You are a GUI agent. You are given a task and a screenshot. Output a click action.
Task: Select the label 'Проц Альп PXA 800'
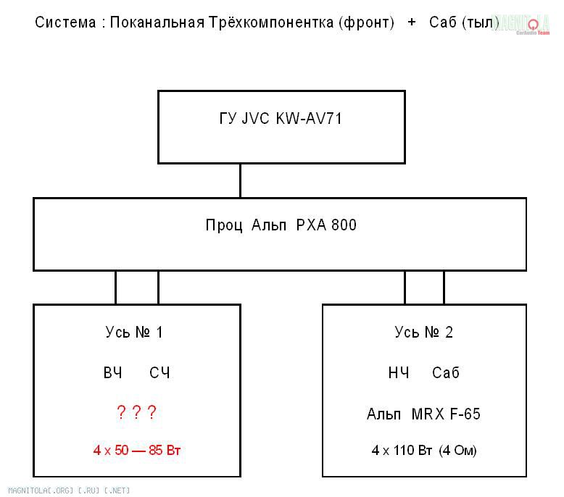[281, 225]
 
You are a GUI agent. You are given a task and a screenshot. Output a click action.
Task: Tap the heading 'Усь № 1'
[134, 333]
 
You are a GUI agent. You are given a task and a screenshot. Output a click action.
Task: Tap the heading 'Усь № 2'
[424, 333]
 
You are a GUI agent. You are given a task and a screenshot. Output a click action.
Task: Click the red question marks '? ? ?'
[136, 413]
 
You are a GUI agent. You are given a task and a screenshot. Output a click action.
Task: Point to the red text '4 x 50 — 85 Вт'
[136, 451]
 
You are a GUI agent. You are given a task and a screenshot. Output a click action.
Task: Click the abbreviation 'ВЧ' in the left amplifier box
[112, 373]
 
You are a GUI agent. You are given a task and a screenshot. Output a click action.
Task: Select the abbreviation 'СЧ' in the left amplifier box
[159, 373]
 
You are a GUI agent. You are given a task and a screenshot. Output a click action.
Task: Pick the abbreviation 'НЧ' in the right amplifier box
[399, 373]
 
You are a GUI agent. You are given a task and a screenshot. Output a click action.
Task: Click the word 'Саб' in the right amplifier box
[446, 373]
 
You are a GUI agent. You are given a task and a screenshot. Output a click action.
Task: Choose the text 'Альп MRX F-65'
[423, 414]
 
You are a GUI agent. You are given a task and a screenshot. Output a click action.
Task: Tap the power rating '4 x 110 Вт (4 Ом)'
[424, 451]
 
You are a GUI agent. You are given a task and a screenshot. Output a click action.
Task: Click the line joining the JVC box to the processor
[240, 180]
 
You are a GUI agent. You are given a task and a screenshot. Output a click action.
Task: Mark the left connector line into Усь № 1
[115, 288]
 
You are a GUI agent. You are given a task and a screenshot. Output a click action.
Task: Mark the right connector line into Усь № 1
[158, 288]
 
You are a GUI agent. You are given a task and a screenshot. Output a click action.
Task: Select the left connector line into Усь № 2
[405, 288]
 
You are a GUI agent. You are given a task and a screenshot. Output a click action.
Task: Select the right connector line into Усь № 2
[444, 288]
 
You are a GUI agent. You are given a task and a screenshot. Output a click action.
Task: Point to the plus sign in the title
[412, 22]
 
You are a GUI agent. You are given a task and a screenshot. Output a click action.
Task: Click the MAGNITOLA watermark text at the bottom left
[65, 490]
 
